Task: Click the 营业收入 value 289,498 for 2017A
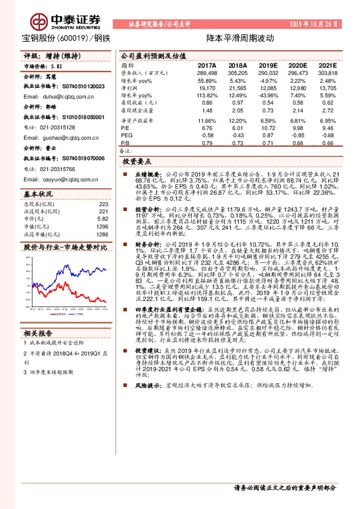pyautogui.click(x=207, y=73)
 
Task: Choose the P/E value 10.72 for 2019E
pyautogui.click(x=268, y=128)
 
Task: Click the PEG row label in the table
pyautogui.click(x=126, y=135)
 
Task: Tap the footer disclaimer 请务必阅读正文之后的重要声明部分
pyautogui.click(x=284, y=488)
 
